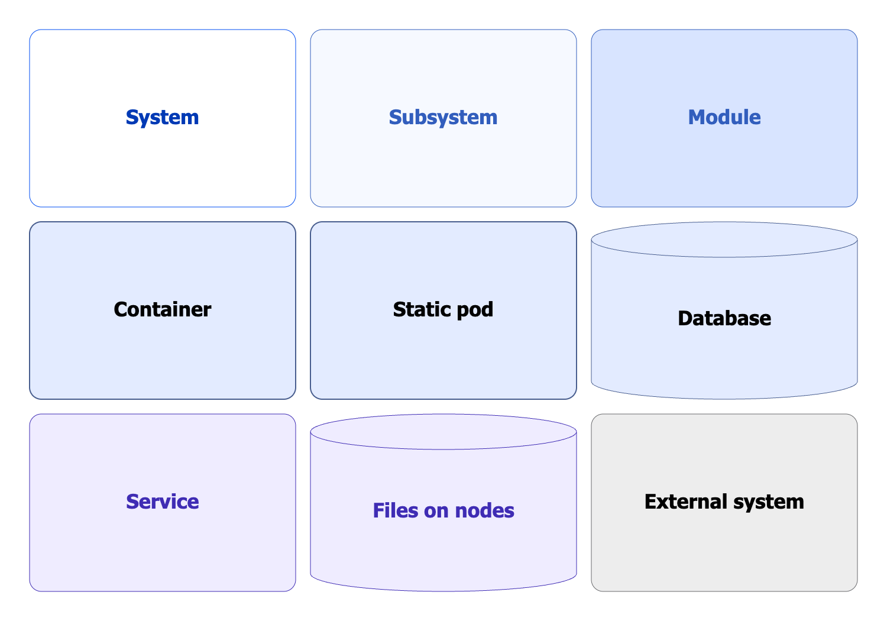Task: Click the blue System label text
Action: (162, 117)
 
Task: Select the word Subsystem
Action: (443, 117)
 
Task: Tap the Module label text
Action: (724, 117)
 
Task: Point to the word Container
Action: (162, 309)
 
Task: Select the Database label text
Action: (724, 318)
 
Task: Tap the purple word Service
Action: (162, 502)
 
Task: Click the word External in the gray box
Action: (685, 502)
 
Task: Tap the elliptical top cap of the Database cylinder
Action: (724, 240)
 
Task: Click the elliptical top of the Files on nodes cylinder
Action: (443, 432)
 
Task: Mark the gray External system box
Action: (724, 550)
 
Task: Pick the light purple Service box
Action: (162, 550)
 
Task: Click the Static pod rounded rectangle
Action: (443, 361)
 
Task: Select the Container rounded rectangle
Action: (162, 361)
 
